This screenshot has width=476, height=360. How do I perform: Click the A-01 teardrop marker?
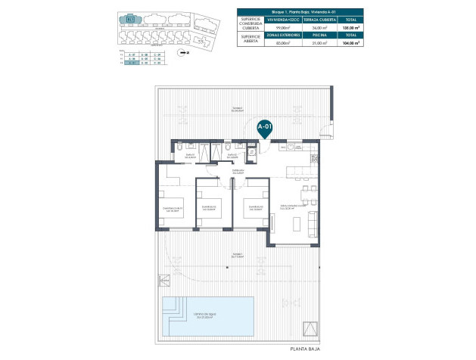coord(265,128)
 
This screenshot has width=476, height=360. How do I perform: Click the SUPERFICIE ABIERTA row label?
coord(250,40)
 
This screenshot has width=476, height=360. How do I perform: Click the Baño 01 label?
coord(190,156)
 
